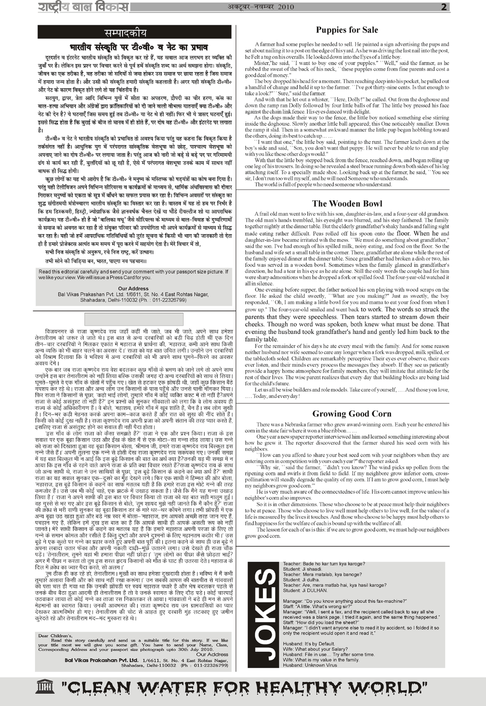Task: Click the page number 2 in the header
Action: (x=444, y=7)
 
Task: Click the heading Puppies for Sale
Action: (x=347, y=30)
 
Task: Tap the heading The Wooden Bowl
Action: (x=347, y=204)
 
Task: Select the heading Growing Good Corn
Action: (x=351, y=414)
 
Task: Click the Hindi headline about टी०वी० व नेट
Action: (x=139, y=48)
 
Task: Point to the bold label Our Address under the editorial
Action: (x=133, y=289)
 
